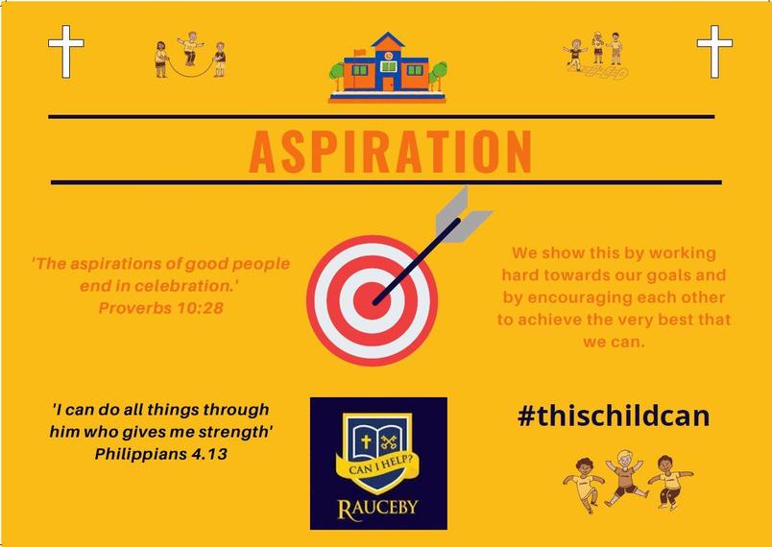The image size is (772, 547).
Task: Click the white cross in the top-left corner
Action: tap(66, 51)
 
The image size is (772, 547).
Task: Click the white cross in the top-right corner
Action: tap(714, 51)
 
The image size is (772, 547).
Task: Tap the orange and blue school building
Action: tap(388, 68)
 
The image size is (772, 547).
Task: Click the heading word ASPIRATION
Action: tap(391, 152)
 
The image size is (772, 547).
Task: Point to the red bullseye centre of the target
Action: tap(373, 301)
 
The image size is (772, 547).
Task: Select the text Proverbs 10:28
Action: tap(161, 308)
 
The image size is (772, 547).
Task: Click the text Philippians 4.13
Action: tap(161, 454)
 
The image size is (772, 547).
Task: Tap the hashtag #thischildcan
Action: tap(614, 416)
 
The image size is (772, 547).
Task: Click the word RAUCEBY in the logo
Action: tap(377, 507)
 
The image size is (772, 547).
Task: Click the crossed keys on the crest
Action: tap(389, 441)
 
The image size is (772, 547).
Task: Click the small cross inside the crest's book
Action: tap(366, 441)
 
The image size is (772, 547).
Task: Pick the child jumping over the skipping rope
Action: tap(190, 49)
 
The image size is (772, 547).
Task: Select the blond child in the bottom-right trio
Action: tap(624, 477)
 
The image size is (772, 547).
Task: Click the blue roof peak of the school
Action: tap(388, 39)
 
